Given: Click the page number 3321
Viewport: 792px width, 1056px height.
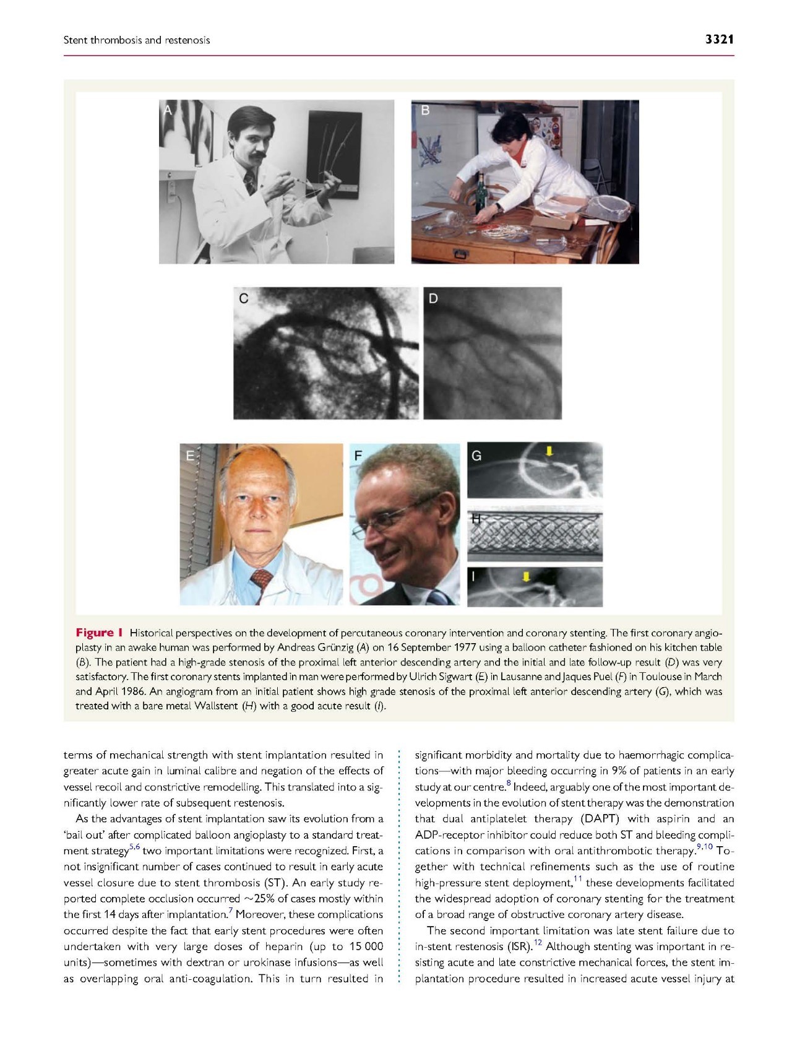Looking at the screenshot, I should point(719,40).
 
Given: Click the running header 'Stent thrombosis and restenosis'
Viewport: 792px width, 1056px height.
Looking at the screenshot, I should point(137,40).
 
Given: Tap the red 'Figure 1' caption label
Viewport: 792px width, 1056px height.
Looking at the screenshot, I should point(99,633).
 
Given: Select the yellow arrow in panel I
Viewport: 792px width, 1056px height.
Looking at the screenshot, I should point(526,577).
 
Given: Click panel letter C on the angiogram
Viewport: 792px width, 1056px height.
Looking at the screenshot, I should point(244,298).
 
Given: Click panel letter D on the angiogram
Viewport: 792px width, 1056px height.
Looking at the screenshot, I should point(433,298).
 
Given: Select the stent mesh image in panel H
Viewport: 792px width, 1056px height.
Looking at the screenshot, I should point(535,535).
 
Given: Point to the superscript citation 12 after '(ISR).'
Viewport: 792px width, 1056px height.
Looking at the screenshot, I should point(538,943).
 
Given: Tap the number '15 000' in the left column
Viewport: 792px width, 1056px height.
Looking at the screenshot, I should point(366,946).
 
